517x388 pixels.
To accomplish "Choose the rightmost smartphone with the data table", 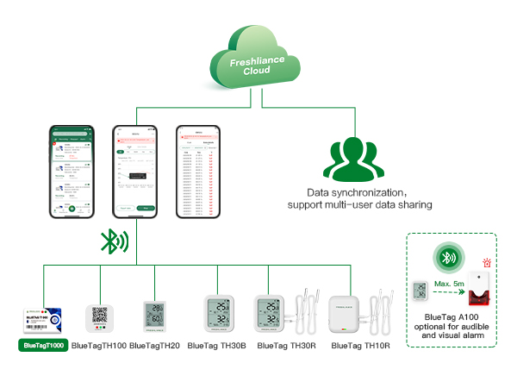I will (198, 172).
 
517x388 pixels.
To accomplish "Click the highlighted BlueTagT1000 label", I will (44, 346).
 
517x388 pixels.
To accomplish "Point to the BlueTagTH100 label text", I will (99, 346).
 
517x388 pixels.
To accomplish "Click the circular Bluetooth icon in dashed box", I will (448, 258).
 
